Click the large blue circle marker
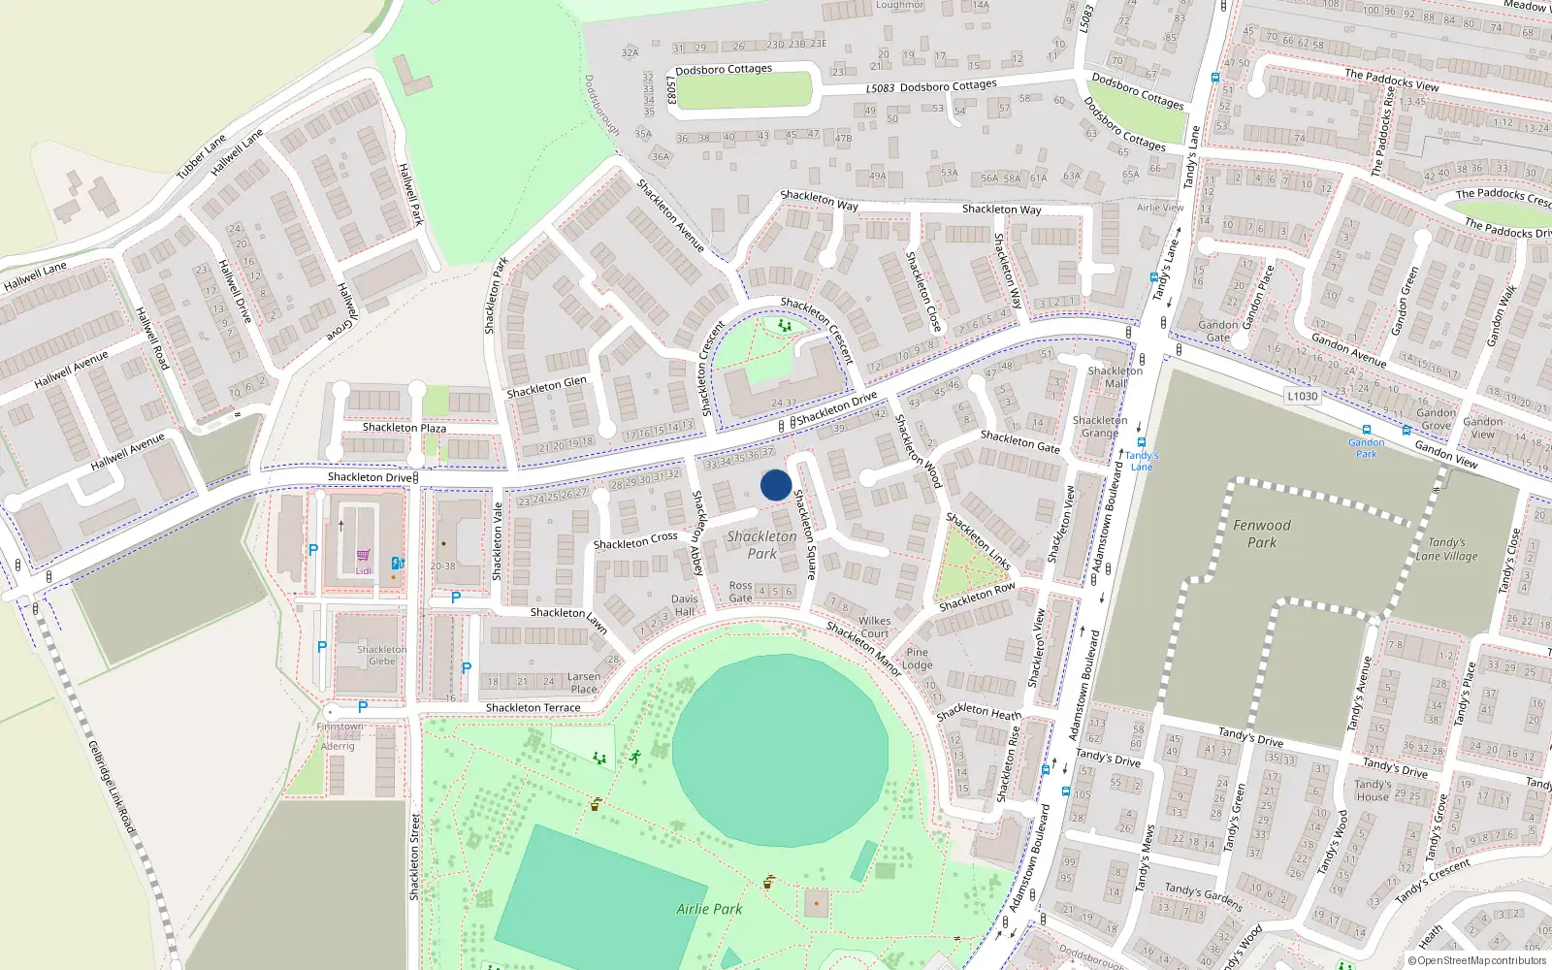[x=775, y=485]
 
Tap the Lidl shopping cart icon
[x=363, y=556]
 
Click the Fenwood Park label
[x=1262, y=533]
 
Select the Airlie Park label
[x=709, y=909]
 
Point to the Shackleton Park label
[x=761, y=544]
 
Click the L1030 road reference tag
[x=1302, y=396]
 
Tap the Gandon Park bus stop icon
[x=1366, y=430]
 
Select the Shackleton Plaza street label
[x=404, y=428]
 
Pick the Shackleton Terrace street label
[x=533, y=708]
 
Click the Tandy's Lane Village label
[x=1446, y=549]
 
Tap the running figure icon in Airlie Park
[x=635, y=757]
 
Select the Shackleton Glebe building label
[x=381, y=655]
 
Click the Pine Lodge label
[x=917, y=659]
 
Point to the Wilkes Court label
[x=874, y=627]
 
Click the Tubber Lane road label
[x=201, y=155]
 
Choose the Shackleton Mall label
[x=1115, y=376]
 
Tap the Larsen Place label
[x=584, y=683]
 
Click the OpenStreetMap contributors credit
[x=1477, y=960]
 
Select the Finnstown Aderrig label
[x=339, y=736]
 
